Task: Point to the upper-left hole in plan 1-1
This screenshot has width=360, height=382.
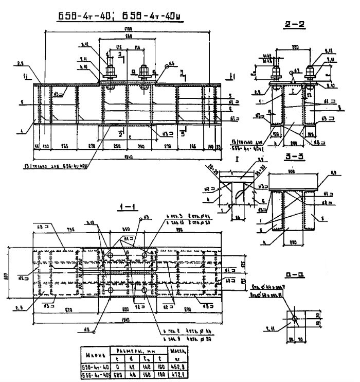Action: [109, 254]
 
